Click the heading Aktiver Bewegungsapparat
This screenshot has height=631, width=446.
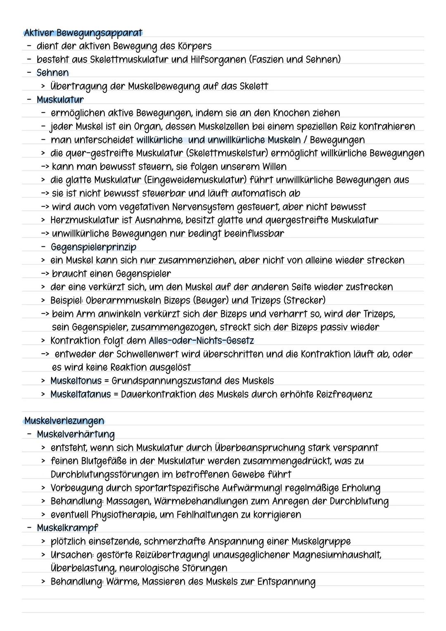point(83,33)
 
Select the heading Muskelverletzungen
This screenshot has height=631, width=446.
point(64,421)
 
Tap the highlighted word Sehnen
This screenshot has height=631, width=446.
point(52,73)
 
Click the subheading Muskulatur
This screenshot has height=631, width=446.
point(60,100)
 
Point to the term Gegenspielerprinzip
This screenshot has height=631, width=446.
point(93,247)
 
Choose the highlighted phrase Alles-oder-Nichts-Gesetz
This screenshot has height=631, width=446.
point(201,341)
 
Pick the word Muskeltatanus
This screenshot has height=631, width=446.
point(81,394)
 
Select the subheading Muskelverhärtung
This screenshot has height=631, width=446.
point(76,434)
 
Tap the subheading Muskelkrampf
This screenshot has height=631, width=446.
point(67,528)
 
